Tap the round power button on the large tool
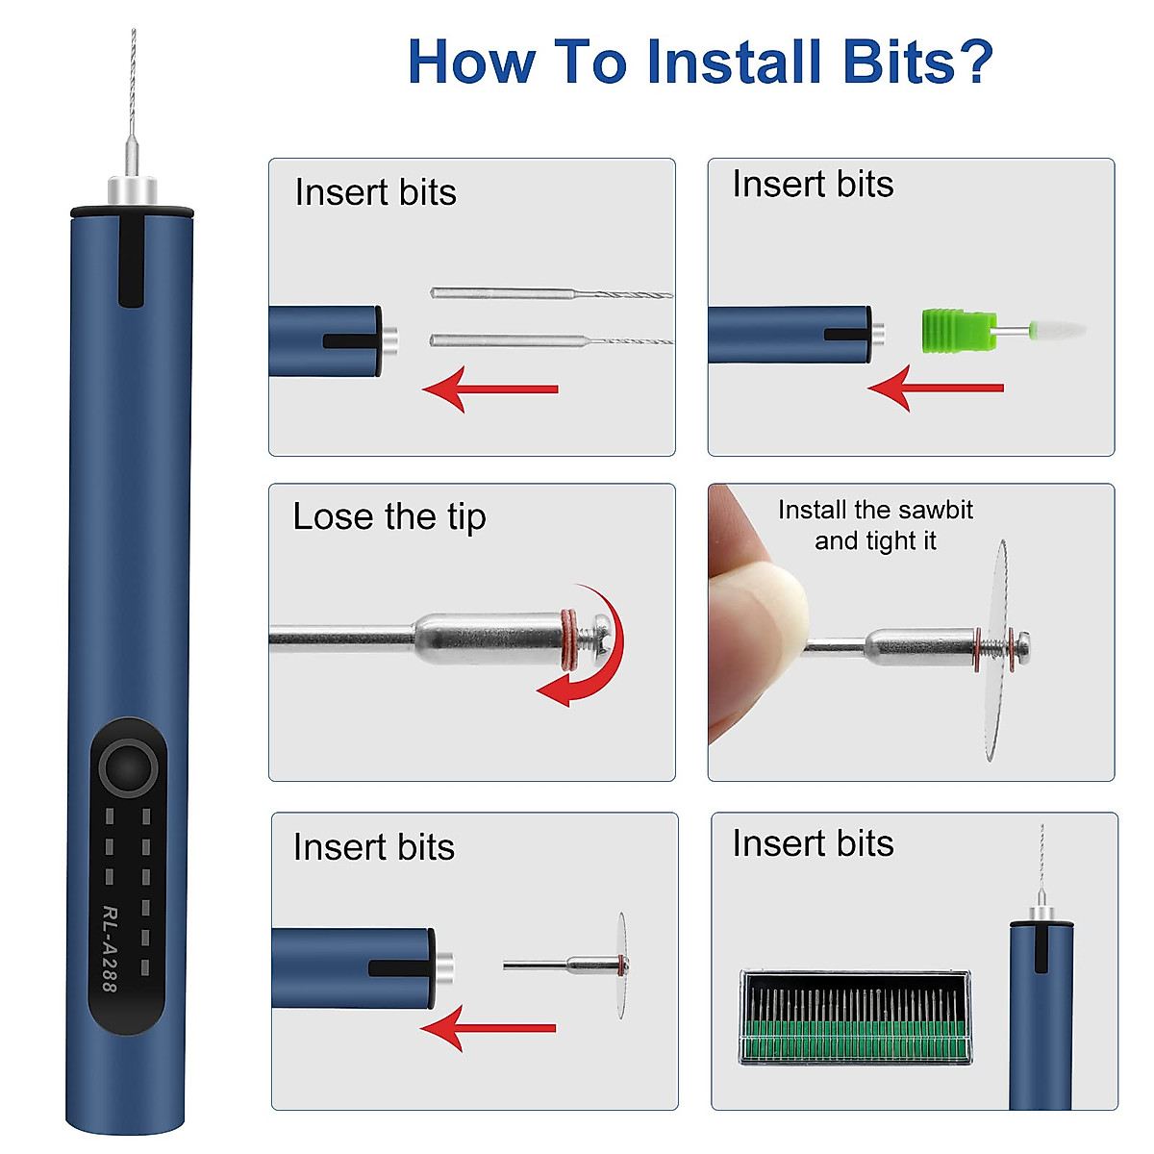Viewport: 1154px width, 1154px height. click(130, 766)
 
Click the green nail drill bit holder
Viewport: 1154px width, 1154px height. click(954, 330)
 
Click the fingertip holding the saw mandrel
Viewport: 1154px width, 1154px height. click(760, 615)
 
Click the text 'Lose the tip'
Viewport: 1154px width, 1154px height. click(389, 516)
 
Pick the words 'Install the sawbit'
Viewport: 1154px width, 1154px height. click(875, 510)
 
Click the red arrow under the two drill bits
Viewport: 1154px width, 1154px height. click(489, 389)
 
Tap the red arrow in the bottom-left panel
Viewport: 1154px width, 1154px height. click(488, 1028)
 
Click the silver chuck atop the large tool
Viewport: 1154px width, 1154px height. click(132, 189)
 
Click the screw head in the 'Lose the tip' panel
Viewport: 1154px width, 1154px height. click(601, 636)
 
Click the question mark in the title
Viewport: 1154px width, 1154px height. click(972, 62)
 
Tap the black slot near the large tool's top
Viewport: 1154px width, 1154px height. click(132, 260)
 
